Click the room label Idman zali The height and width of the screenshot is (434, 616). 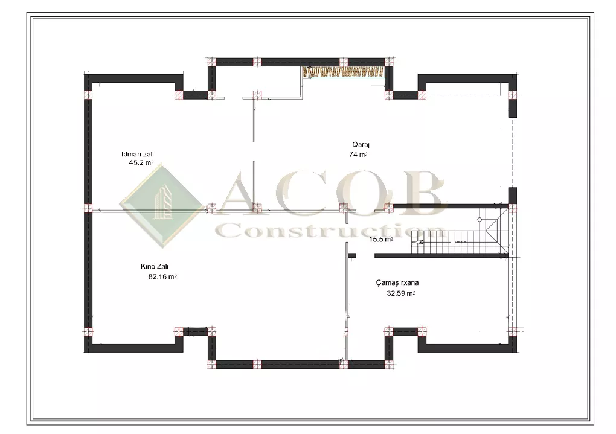coord(138,154)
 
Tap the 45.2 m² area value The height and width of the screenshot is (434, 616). coord(141,162)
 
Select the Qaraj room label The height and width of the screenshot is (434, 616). coord(361,145)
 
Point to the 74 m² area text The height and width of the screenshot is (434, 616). coord(358,155)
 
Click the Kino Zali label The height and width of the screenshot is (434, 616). coord(155,267)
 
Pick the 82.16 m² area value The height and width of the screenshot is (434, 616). coord(162,277)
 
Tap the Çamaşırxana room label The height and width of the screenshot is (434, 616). coord(397,282)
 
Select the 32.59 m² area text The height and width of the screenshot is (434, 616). coord(401,293)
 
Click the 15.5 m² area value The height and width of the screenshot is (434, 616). coord(381,239)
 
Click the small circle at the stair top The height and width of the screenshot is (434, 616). coord(480,220)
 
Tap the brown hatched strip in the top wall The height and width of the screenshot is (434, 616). coord(343,72)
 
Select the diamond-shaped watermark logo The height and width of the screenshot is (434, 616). coord(161,206)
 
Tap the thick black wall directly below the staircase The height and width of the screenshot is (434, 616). coord(441,256)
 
